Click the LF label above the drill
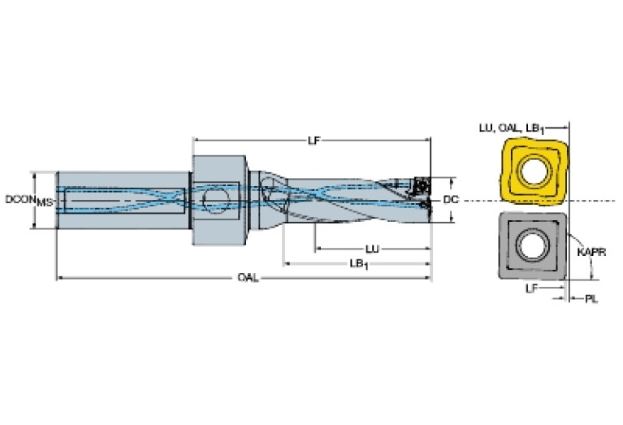pos(314,141)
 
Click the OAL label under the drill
pos(248,277)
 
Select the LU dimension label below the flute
pos(372,249)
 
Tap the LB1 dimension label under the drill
pos(359,264)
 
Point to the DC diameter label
pos(451,200)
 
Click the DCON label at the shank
pos(20,199)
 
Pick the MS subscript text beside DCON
pos(45,203)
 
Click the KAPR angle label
pos(591,252)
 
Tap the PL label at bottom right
pos(591,298)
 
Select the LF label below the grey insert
pos(532,288)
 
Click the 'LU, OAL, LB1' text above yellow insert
pos(512,128)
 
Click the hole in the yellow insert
pos(534,171)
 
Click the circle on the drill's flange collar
pos(216,200)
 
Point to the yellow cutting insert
pos(534,171)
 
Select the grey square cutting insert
pos(533,245)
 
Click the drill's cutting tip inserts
pos(422,195)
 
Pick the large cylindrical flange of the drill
pos(218,201)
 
